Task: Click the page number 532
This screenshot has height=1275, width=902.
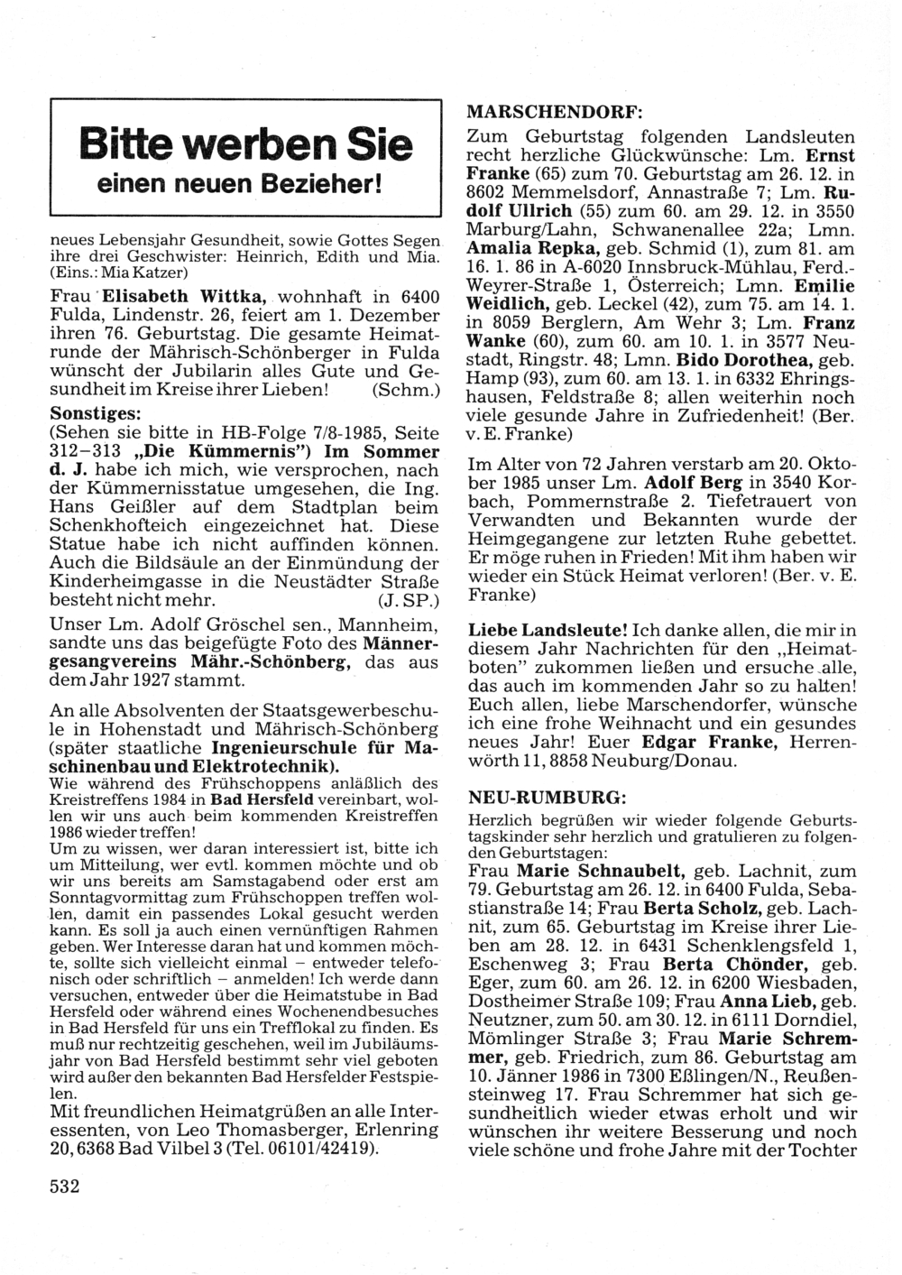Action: point(65,1186)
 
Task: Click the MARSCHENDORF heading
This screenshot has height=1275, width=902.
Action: point(554,113)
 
